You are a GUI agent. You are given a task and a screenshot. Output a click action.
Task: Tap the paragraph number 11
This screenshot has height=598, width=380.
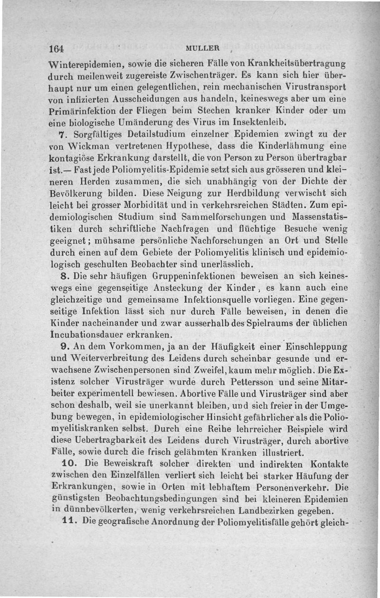pyautogui.click(x=69, y=521)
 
